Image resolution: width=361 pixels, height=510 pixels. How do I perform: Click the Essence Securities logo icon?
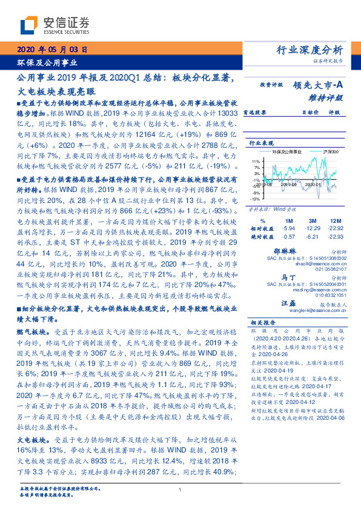point(30,26)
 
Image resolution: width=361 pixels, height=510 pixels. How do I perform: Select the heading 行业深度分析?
point(310,50)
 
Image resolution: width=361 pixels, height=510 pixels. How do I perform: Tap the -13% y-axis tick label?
point(255,199)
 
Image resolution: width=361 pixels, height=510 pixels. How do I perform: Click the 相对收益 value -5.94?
point(288,227)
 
